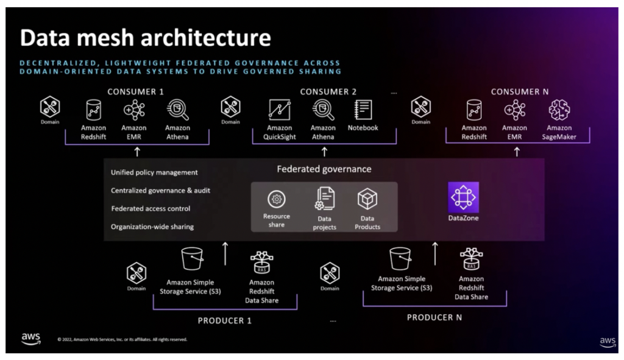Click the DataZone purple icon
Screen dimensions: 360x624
[463, 197]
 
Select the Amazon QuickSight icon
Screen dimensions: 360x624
[280, 110]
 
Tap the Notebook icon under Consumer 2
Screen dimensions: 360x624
[363, 110]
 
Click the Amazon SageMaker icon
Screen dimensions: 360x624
[559, 110]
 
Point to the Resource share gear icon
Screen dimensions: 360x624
[277, 199]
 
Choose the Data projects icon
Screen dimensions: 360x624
[324, 199]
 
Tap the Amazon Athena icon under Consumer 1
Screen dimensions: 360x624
[177, 110]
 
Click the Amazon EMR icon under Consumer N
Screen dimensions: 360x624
[514, 110]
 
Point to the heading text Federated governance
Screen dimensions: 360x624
[324, 169]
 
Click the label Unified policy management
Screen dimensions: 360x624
[154, 172]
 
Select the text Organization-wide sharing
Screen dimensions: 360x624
[152, 227]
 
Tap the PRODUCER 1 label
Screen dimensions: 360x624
[224, 320]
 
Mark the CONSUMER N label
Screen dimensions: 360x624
[520, 91]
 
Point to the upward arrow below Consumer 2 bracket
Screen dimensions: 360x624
[324, 152]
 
